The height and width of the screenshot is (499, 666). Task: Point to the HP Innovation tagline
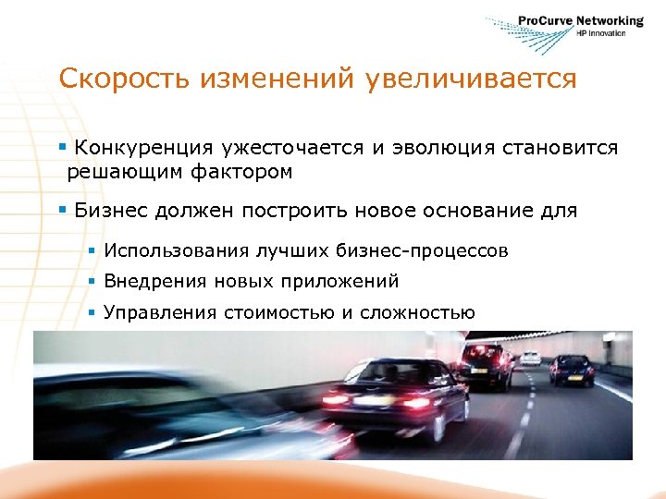(601, 33)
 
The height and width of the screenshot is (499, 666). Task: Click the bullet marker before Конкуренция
(62, 148)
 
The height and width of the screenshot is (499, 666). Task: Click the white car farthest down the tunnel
(531, 358)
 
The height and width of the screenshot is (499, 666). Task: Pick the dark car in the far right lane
(573, 369)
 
